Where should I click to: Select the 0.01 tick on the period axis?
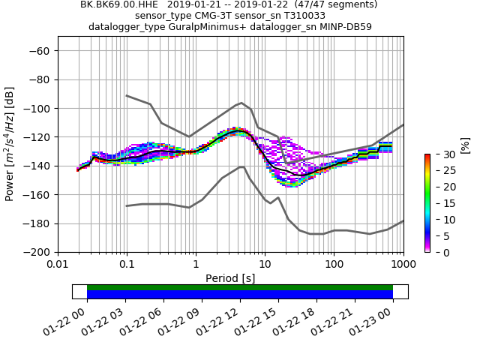pos(58,264)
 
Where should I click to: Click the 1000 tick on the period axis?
pos(403,264)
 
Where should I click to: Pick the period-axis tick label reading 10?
pos(265,264)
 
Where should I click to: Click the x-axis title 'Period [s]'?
pos(230,278)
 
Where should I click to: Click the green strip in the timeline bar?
pos(240,287)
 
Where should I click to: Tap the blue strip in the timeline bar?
pos(240,295)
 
